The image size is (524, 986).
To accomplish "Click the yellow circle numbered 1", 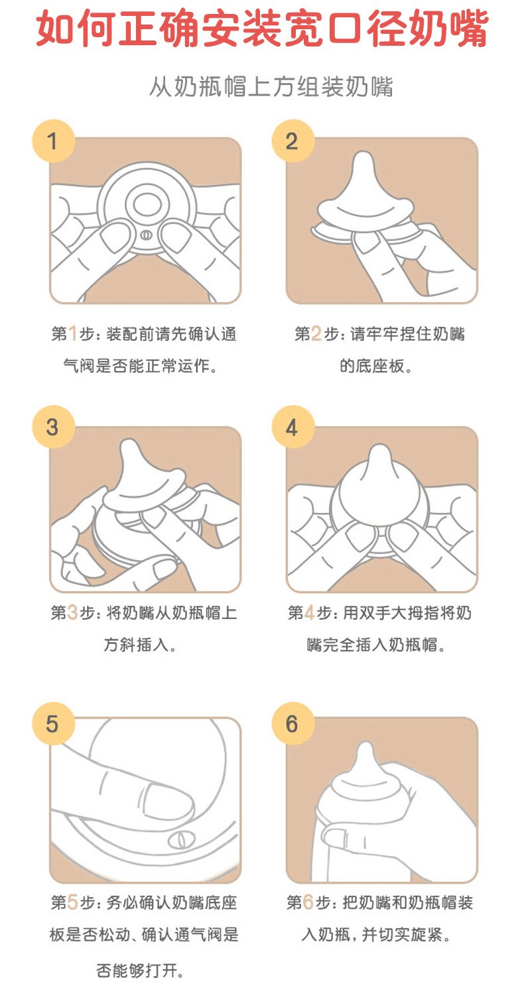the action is coord(53,141).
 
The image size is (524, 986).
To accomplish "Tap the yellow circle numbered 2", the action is coord(293,141).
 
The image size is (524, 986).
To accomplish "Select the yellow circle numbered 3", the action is coord(53,427).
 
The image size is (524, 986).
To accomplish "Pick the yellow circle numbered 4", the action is coord(293,427).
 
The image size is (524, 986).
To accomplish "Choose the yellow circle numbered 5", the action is coord(53,724).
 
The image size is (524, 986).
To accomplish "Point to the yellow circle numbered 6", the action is coord(293,724).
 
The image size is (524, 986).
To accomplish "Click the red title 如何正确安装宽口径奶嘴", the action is coord(262,29).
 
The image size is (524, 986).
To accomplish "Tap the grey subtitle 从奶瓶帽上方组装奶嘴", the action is coord(271,86).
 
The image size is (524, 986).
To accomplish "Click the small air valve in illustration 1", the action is coord(147,235).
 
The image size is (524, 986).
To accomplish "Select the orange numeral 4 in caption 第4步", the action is coord(309,612).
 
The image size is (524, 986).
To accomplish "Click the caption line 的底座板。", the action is coord(375,366).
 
